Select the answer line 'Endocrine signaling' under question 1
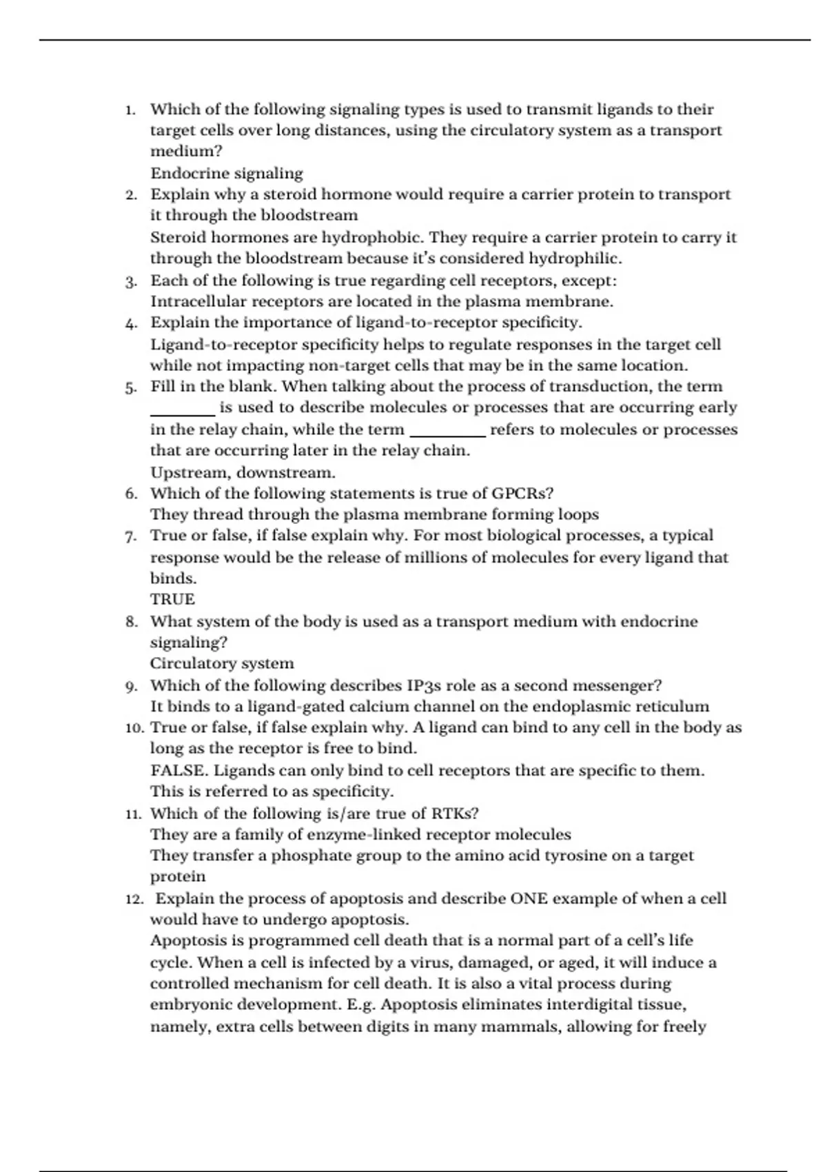click(x=226, y=173)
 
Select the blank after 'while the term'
click(x=448, y=434)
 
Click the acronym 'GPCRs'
click(x=522, y=493)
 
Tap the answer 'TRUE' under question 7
click(x=172, y=599)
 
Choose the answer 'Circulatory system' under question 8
click(x=222, y=663)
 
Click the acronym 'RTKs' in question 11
click(x=455, y=813)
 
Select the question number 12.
click(x=134, y=899)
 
